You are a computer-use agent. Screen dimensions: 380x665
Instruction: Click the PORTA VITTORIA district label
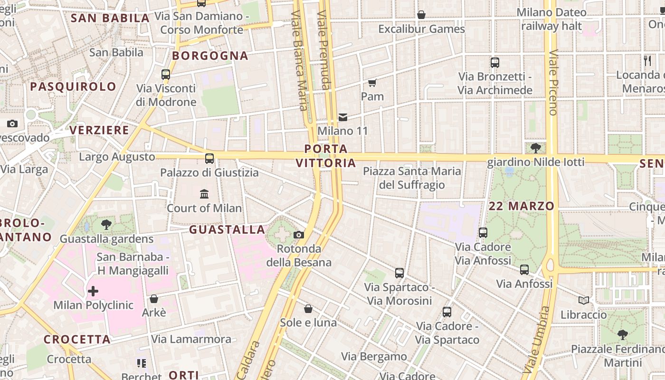[326, 156]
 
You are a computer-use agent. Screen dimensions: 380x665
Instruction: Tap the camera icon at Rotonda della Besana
[299, 235]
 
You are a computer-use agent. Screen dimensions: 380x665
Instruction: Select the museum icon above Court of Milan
[204, 194]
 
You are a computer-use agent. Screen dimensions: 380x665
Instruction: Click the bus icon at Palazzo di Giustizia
[209, 159]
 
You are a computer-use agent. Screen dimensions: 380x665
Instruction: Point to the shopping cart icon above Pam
[372, 83]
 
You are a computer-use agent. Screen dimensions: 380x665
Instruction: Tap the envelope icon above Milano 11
[343, 117]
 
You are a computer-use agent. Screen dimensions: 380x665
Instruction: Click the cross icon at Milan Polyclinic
[93, 291]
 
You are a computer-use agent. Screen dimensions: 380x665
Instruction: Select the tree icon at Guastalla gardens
[106, 225]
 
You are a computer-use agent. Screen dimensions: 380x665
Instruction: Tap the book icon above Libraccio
[584, 300]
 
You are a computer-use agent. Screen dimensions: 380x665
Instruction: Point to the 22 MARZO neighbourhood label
[522, 206]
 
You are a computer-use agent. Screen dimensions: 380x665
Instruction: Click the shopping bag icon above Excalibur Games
[421, 15]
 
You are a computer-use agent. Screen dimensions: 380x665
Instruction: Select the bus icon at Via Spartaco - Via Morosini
[399, 273]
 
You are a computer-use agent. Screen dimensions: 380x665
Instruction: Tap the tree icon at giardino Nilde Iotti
[536, 148]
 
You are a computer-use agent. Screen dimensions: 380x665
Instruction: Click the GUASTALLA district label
[227, 230]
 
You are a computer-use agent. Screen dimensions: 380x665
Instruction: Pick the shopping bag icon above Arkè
[154, 299]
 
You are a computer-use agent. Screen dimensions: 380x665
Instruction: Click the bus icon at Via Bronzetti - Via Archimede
[495, 62]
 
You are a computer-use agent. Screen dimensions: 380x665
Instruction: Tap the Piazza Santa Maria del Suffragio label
[412, 178]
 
